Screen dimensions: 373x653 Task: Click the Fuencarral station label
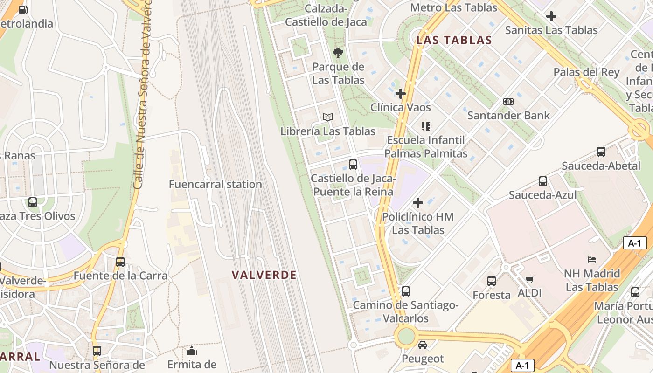(x=215, y=184)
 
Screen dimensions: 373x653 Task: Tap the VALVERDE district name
(x=264, y=275)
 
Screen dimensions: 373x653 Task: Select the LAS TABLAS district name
(x=454, y=40)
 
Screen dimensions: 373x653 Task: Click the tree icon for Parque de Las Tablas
(x=338, y=53)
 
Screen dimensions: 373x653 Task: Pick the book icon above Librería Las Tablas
(x=328, y=117)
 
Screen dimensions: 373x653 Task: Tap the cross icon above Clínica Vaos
(x=400, y=94)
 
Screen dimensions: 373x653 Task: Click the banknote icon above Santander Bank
(x=508, y=102)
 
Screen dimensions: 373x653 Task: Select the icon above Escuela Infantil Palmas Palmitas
(x=425, y=126)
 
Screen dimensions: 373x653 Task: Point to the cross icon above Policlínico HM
(x=418, y=203)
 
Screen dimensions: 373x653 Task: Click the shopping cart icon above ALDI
(x=529, y=279)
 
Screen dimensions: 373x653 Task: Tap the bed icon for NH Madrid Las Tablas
(x=592, y=259)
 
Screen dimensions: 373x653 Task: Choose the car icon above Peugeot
(x=422, y=345)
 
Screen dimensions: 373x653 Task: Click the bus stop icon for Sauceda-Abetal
(x=601, y=152)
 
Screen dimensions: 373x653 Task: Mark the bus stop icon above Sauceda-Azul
(x=542, y=181)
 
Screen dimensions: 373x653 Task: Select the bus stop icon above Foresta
(x=492, y=281)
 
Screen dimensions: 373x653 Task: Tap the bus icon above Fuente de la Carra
(x=120, y=262)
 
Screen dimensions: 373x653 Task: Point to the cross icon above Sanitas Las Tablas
(x=551, y=16)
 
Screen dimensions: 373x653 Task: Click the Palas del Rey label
(x=586, y=72)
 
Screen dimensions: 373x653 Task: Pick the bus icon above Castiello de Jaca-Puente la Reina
(x=353, y=165)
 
